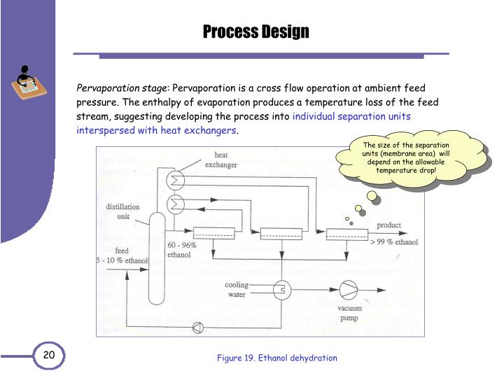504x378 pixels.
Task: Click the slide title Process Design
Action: click(x=255, y=31)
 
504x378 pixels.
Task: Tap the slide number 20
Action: click(x=49, y=356)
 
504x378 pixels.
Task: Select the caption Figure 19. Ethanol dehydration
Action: click(x=276, y=358)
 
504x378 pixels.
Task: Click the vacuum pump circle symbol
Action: click(x=349, y=290)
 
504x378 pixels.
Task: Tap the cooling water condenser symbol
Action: click(x=281, y=290)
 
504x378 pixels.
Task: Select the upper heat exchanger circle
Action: click(x=174, y=181)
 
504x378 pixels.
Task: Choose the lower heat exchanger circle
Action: click(x=174, y=204)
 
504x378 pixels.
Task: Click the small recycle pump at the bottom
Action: click(x=199, y=326)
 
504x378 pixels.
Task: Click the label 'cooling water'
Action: click(x=237, y=290)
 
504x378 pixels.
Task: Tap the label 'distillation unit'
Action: click(x=122, y=211)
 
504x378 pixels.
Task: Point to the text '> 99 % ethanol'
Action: click(x=394, y=242)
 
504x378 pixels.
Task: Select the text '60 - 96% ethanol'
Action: click(x=182, y=250)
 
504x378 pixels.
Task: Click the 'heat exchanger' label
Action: click(x=220, y=160)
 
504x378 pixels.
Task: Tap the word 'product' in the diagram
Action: click(x=389, y=225)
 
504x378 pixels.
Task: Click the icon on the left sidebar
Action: click(x=26, y=83)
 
